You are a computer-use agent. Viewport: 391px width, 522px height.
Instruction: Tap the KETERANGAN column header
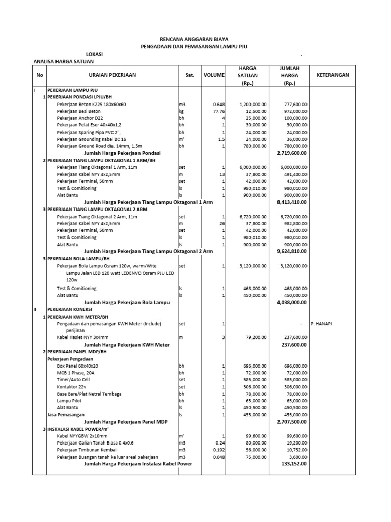pos(332,75)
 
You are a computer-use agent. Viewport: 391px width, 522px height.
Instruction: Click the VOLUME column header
pos(214,75)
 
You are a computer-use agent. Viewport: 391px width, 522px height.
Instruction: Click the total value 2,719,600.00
pos(291,153)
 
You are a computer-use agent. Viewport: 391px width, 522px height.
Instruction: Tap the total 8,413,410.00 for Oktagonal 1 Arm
pos(291,202)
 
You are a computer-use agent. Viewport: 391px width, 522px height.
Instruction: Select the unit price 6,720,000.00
pos(252,217)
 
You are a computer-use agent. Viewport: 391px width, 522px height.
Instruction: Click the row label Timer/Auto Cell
pos(73,380)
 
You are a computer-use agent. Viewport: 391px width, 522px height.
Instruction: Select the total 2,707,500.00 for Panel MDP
pos(291,422)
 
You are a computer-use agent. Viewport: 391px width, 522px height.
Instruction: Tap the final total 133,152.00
pos(294,464)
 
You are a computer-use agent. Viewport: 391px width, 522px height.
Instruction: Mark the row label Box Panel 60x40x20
pos(77,366)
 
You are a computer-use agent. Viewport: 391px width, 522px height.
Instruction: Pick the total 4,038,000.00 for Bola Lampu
pos(291,302)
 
